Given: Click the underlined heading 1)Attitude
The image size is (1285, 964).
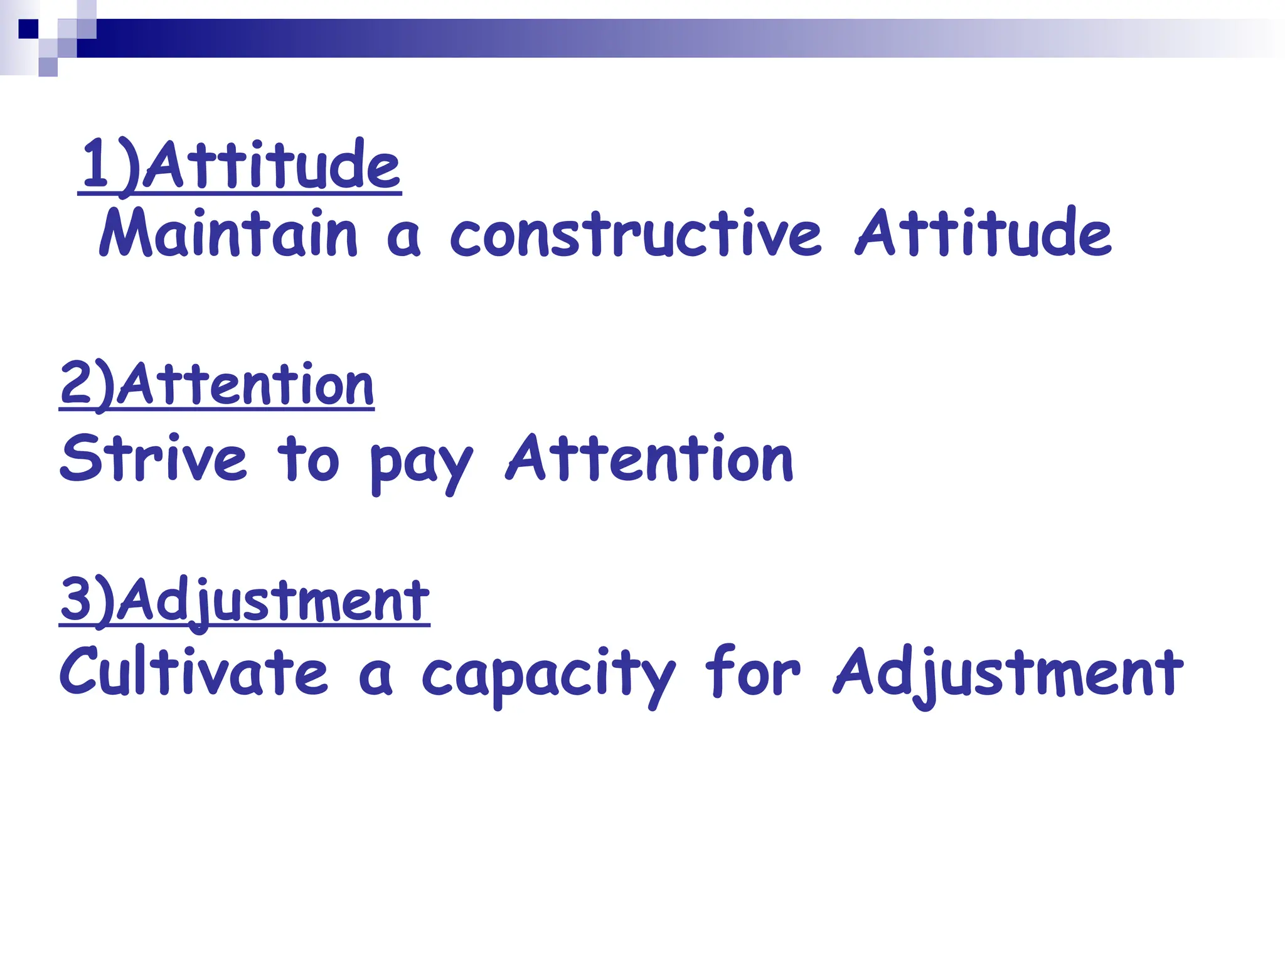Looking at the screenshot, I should (x=240, y=164).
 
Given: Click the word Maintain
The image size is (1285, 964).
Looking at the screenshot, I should (x=228, y=233).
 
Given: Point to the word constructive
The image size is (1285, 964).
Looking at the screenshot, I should (x=635, y=233).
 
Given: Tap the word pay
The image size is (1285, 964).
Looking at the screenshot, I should (x=420, y=464).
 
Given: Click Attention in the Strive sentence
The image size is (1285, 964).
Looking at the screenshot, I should (x=649, y=459).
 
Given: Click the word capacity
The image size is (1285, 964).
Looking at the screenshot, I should (x=547, y=675).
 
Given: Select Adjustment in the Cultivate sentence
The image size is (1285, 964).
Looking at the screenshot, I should (x=1008, y=673).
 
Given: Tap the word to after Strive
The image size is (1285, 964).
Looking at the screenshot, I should (x=308, y=460).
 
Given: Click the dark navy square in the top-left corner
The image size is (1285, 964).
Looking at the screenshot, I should (x=28, y=29).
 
